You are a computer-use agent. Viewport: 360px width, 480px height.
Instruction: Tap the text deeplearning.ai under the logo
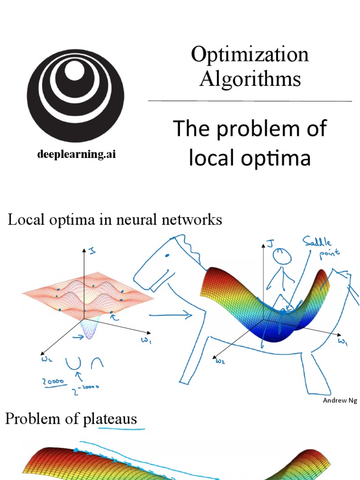point(76,155)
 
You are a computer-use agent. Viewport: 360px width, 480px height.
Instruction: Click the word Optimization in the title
point(249,55)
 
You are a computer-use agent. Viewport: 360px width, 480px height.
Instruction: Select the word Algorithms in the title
point(250,78)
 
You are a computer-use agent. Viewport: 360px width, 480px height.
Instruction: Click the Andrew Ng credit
point(340,400)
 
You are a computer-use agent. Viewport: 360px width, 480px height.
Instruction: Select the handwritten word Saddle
point(316,242)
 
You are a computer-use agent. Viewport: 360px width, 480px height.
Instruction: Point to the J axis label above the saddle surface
point(269,242)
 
